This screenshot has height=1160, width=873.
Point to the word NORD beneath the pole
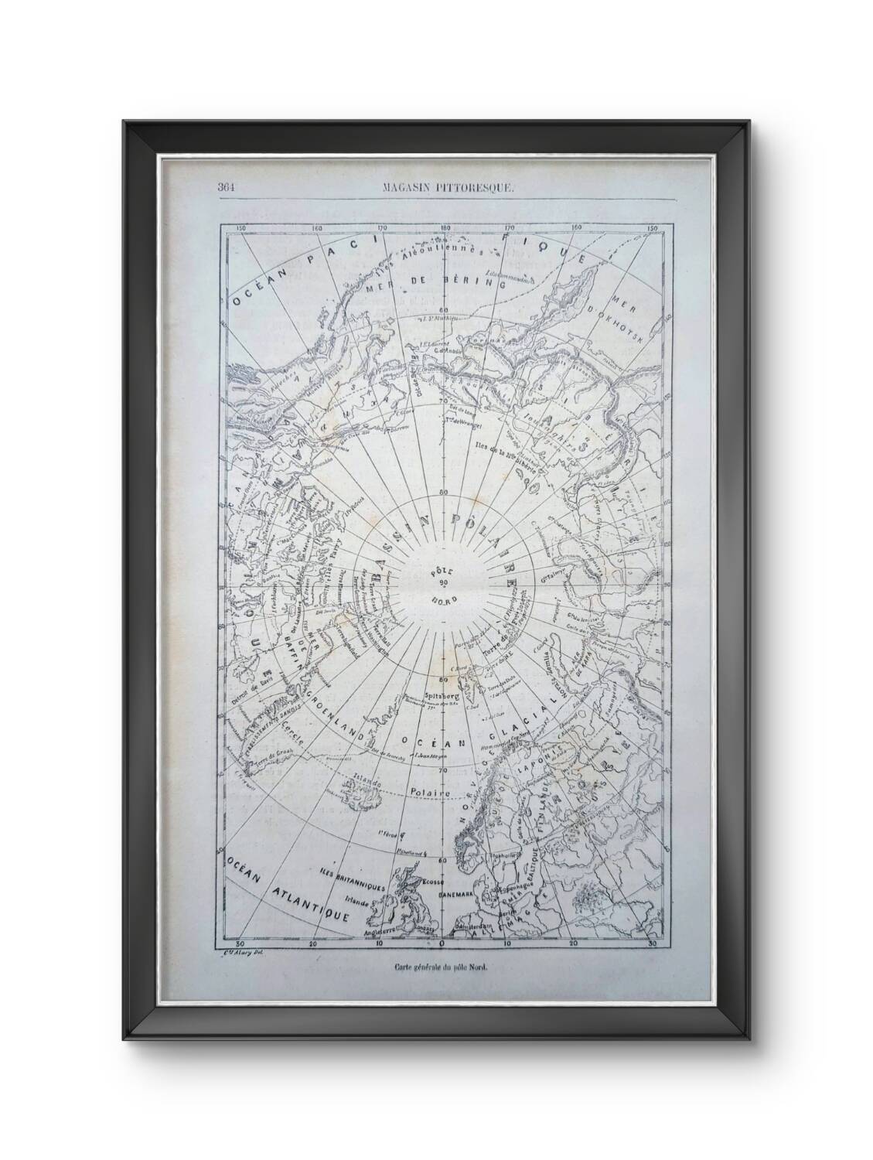443,601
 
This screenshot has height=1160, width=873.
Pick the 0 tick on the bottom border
442,944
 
